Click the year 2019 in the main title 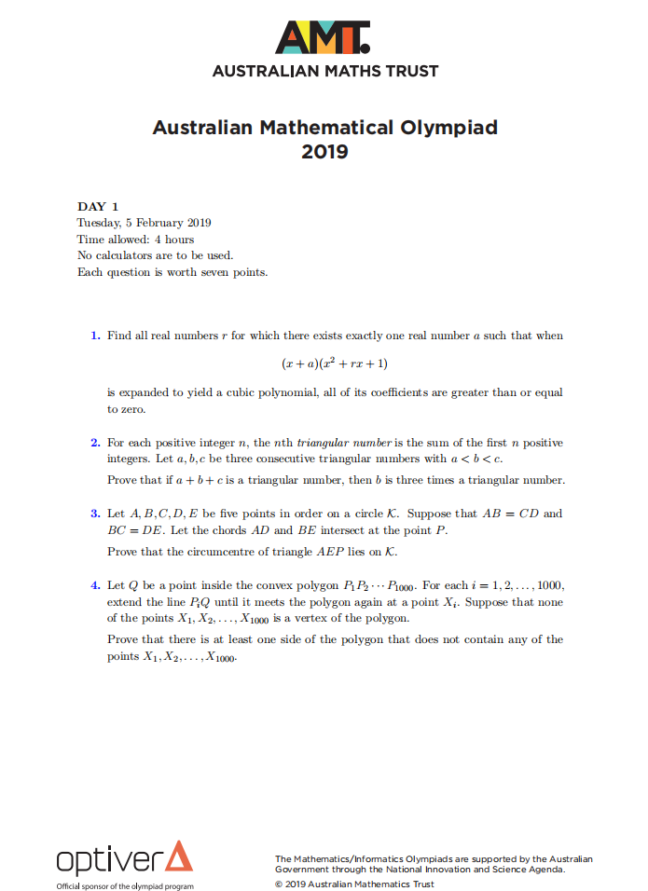324,150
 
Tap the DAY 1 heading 98,206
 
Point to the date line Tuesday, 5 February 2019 144,223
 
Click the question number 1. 95,336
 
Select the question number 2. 95,443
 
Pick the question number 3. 95,514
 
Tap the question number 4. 95,585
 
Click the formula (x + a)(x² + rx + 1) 324,363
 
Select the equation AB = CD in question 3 524,514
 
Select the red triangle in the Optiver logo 178,857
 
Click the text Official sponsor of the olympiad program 125,885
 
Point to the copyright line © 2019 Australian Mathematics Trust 354,884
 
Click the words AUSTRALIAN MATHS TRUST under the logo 324,71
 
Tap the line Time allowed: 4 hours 135,240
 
